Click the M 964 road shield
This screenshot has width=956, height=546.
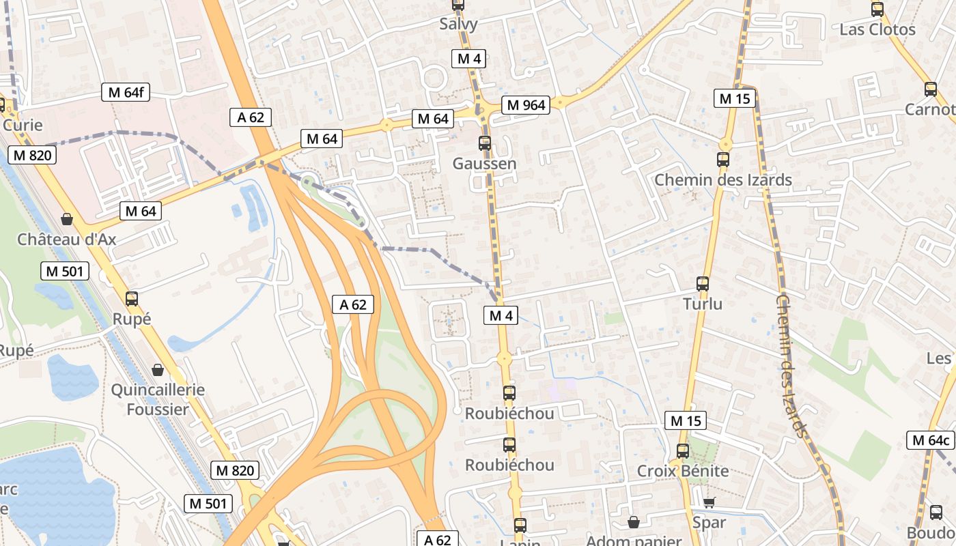pos(524,104)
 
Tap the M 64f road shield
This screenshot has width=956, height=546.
pos(126,92)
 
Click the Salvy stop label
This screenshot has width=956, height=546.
pos(458,24)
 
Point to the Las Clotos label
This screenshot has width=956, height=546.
pos(877,29)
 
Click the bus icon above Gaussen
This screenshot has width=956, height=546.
pos(485,143)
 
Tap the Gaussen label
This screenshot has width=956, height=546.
pos(484,164)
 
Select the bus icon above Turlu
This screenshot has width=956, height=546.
pos(703,284)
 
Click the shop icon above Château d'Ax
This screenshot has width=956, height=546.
pos(67,219)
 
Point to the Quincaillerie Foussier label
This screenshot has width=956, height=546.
pos(158,399)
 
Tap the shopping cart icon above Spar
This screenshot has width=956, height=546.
pos(709,503)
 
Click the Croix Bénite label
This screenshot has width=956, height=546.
pos(683,471)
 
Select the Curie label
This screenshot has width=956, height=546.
pos(23,125)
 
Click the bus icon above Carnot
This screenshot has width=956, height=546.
pos(930,89)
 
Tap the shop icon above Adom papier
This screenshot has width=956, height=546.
pos(634,522)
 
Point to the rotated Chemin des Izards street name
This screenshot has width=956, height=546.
pos(791,365)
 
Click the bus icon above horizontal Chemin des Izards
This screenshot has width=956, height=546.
pos(723,160)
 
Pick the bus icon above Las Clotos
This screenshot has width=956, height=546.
pos(877,10)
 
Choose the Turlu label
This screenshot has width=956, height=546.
pos(703,304)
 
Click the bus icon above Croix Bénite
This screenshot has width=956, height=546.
pos(683,451)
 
